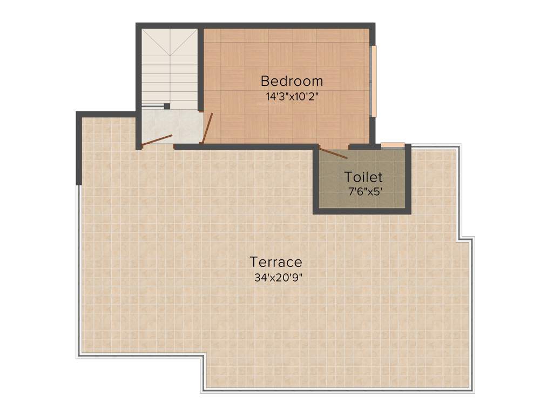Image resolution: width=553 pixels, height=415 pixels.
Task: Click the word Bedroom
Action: tap(292, 81)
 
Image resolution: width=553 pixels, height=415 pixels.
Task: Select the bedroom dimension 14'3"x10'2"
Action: tap(292, 97)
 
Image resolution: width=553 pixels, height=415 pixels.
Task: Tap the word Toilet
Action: tap(363, 177)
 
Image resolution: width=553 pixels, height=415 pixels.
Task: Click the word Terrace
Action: tap(275, 262)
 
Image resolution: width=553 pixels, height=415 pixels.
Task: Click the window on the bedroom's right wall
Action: tap(373, 81)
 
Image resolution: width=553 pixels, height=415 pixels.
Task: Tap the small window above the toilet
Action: tap(393, 144)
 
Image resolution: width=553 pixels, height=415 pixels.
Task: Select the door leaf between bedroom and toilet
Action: tap(333, 153)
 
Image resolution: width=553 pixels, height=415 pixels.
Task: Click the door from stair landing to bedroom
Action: tap(207, 128)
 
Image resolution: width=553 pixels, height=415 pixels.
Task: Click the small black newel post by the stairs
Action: tap(167, 106)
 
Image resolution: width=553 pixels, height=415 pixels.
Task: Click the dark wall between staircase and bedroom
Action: tap(200, 70)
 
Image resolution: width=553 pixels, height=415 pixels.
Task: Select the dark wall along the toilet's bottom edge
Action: tap(362, 211)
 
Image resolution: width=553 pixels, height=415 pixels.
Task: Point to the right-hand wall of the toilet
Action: tap(408, 178)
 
